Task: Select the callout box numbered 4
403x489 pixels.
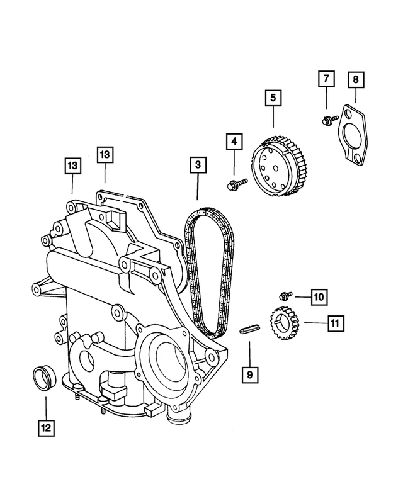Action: point(234,143)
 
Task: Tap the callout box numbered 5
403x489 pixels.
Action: point(273,98)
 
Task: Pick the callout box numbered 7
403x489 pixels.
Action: point(327,79)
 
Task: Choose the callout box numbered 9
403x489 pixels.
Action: point(249,374)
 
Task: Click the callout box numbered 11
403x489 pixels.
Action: point(335,323)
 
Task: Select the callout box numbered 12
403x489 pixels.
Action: point(45,429)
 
